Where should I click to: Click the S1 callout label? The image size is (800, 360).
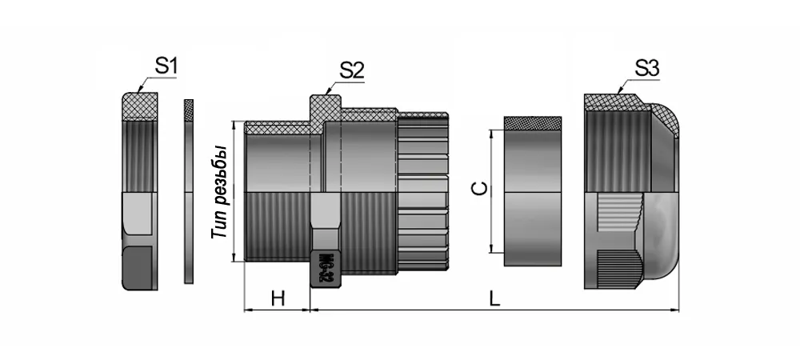(x=165, y=67)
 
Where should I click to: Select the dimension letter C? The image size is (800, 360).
(x=478, y=189)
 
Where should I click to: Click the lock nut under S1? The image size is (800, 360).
(x=138, y=192)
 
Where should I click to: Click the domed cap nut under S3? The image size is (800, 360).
(x=628, y=192)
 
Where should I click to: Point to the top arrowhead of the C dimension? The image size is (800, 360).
(x=490, y=133)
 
